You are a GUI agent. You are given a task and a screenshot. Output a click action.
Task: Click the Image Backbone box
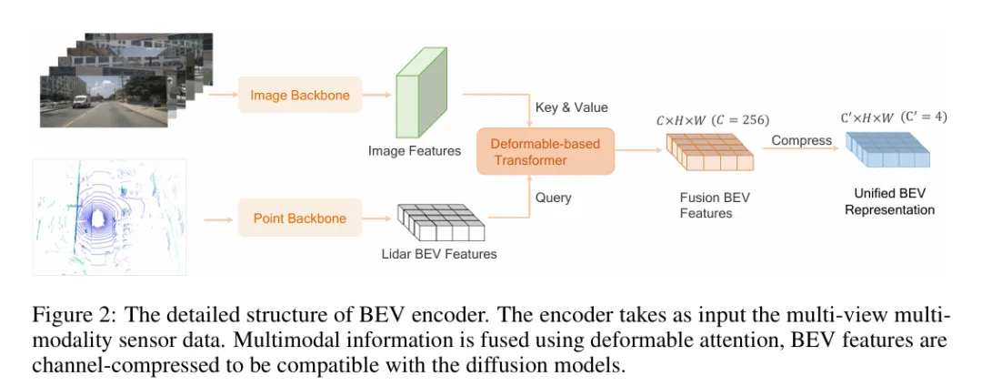click(x=299, y=95)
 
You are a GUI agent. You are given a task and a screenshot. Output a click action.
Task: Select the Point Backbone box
click(x=300, y=218)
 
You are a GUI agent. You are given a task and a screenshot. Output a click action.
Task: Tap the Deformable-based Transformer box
click(x=545, y=151)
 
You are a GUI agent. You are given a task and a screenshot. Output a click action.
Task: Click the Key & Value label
click(x=572, y=107)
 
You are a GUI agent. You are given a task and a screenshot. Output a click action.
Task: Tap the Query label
click(x=553, y=197)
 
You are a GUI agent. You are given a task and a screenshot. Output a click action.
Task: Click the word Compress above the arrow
click(x=801, y=140)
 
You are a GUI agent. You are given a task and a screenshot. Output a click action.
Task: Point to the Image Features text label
click(x=415, y=150)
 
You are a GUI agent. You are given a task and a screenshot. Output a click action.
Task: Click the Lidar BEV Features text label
click(x=439, y=254)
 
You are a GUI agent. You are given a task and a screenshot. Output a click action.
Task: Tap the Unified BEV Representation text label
click(x=888, y=201)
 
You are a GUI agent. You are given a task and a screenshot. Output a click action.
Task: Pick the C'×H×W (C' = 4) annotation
click(x=891, y=117)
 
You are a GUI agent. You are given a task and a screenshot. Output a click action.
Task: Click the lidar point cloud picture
click(x=110, y=217)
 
